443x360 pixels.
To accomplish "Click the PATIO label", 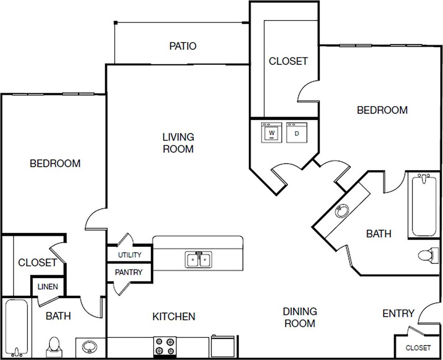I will pyautogui.click(x=183, y=46).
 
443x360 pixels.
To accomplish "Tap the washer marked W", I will pyautogui.click(x=272, y=133).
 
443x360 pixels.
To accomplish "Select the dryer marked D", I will pyautogui.click(x=297, y=133).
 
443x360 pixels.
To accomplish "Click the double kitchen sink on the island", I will pyautogui.click(x=198, y=260).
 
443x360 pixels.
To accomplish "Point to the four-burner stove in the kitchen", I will pyautogui.click(x=164, y=346).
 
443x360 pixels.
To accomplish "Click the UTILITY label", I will pyautogui.click(x=130, y=255).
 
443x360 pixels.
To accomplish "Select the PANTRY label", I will pyautogui.click(x=128, y=272).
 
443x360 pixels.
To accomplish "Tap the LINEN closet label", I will pyautogui.click(x=48, y=287).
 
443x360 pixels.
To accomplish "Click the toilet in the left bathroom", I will pyautogui.click(x=54, y=347).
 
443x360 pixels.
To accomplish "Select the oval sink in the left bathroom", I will pyautogui.click(x=89, y=347).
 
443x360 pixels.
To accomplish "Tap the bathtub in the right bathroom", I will pyautogui.click(x=424, y=205).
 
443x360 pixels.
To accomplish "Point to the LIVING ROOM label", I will pyautogui.click(x=178, y=143).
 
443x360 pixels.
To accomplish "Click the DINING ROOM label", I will pyautogui.click(x=300, y=317).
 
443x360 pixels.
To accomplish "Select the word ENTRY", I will pyautogui.click(x=398, y=314).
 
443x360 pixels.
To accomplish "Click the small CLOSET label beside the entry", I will pyautogui.click(x=418, y=347).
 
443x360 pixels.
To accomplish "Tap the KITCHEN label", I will pyautogui.click(x=174, y=316).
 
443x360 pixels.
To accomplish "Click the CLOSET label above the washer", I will pyautogui.click(x=288, y=61).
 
